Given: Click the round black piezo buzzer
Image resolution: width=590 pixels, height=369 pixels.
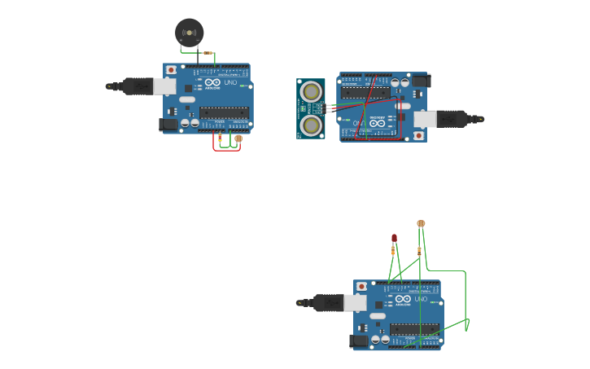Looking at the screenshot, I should (190, 33).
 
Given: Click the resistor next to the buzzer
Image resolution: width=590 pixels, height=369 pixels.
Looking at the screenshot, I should (209, 54).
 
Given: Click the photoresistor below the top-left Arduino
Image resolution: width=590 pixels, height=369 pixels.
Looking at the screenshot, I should (238, 139).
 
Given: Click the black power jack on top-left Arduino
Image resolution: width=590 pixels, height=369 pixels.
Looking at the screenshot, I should (168, 124).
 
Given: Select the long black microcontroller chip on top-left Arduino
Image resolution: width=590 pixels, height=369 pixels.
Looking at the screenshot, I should (224, 112).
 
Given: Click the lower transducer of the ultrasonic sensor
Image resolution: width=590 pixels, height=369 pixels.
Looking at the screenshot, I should (310, 125).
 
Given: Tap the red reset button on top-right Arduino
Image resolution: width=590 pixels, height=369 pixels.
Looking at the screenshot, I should (418, 134).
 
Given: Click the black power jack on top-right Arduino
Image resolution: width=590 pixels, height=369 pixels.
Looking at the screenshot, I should (421, 80).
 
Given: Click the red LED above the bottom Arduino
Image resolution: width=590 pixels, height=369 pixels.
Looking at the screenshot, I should (395, 238).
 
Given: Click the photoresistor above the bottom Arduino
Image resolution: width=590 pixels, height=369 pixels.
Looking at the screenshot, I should (421, 223).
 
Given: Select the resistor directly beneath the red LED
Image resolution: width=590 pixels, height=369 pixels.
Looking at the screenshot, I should (393, 251).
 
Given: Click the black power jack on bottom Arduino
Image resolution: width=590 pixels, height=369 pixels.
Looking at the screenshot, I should (359, 340).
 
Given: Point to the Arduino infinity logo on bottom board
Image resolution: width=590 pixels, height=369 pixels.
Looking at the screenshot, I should (403, 299).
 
